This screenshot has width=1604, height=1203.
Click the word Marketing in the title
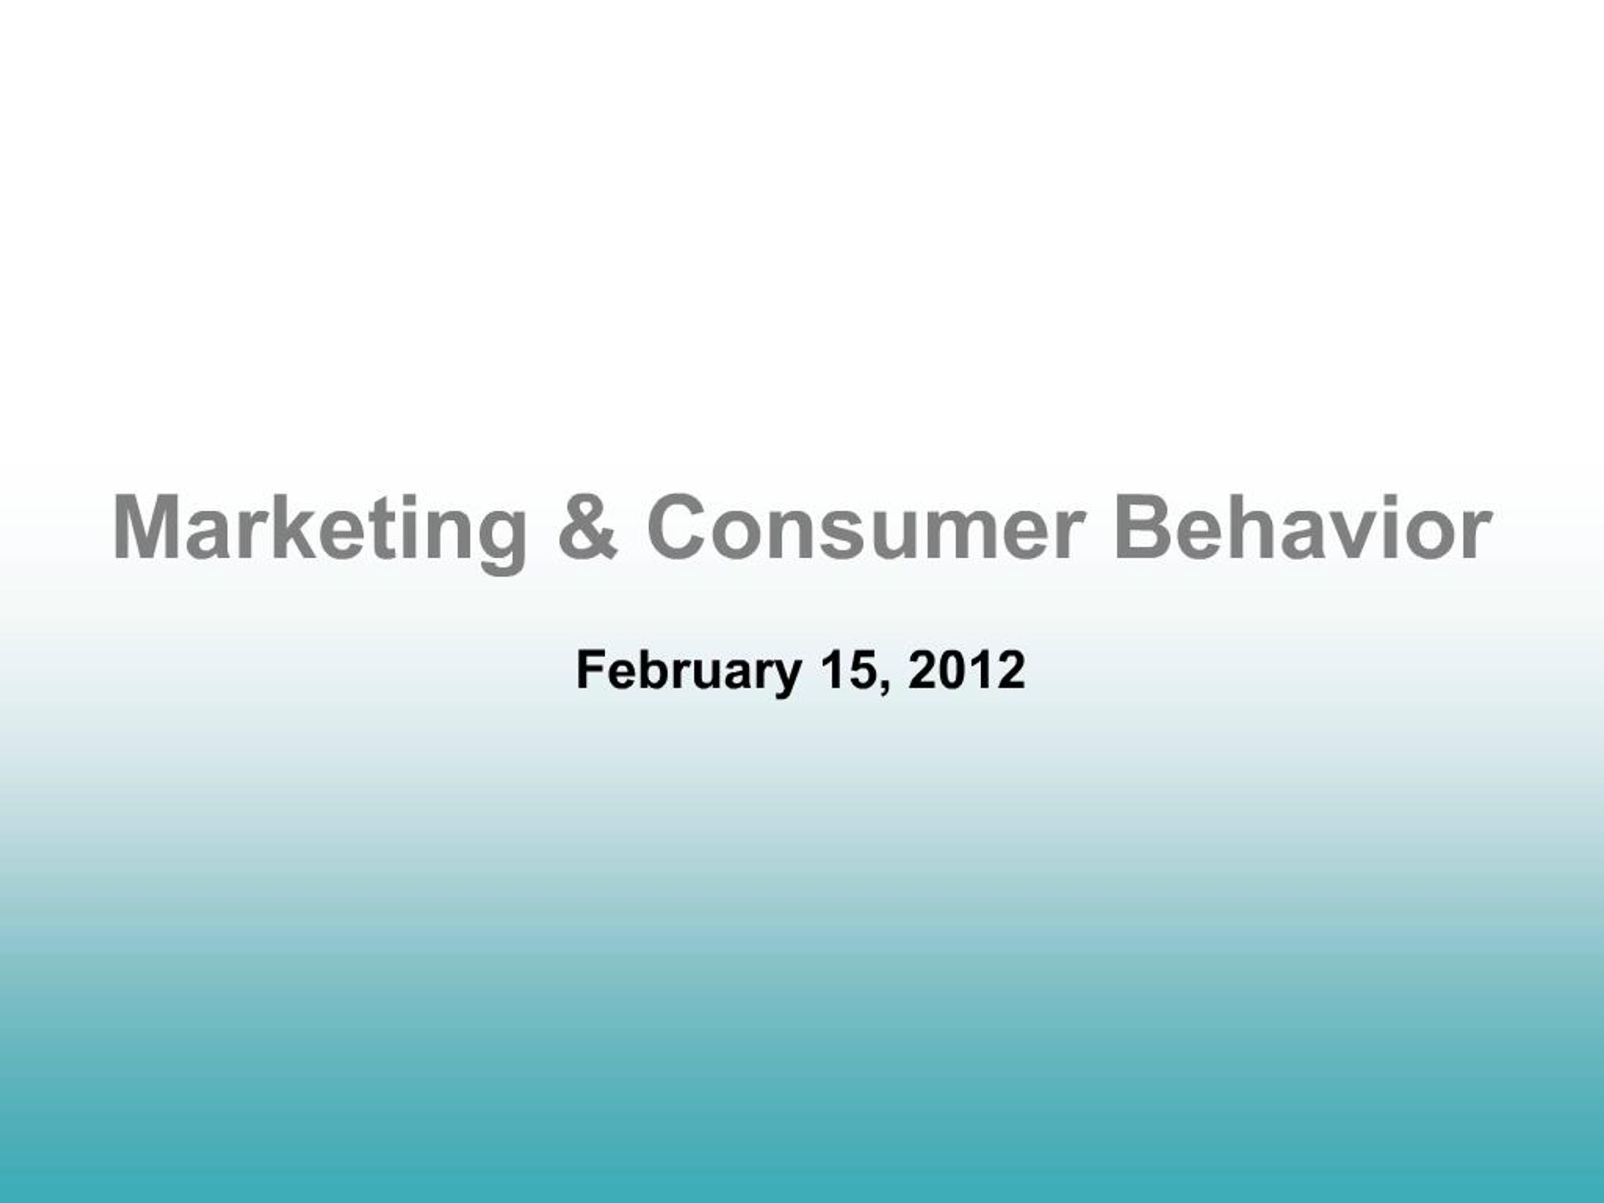[320, 528]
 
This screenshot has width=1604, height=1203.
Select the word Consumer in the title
[867, 528]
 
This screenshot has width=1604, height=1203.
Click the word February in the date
[688, 671]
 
